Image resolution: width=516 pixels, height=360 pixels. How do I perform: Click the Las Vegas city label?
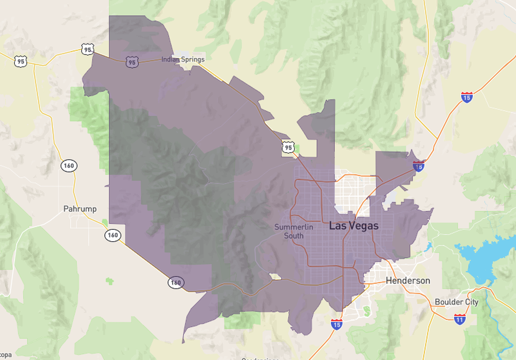[354, 226]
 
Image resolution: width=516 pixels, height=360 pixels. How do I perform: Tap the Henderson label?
[408, 281]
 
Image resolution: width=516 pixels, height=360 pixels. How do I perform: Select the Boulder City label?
[456, 302]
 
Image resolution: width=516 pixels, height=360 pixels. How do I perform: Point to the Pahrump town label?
[80, 209]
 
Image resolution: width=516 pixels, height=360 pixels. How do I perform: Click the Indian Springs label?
[183, 60]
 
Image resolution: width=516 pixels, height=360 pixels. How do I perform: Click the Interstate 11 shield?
[459, 318]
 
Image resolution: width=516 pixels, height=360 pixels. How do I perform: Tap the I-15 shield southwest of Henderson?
[337, 323]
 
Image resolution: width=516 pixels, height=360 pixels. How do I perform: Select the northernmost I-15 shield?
[467, 97]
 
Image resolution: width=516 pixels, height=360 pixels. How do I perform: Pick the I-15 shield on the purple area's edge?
[418, 166]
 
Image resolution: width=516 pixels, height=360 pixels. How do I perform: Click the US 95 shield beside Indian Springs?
[132, 62]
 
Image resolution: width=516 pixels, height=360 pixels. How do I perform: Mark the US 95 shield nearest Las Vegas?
[287, 148]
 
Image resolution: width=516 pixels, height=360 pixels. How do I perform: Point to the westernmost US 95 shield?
[21, 61]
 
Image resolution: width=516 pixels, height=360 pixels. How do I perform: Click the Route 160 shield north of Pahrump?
[68, 166]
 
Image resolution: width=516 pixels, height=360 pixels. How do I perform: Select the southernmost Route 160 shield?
[176, 282]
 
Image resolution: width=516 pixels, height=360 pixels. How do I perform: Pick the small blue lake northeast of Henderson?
[428, 247]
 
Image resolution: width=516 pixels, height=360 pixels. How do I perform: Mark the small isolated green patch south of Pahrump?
[109, 281]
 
